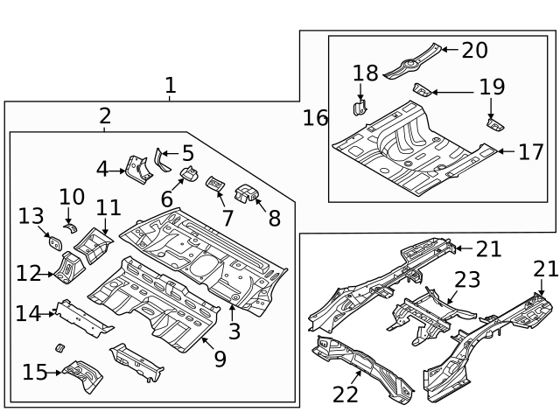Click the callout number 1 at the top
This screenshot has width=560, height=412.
pos(170,86)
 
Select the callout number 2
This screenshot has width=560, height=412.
pos(105,115)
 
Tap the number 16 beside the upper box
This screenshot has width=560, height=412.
pos(315,117)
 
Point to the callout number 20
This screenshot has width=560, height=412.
pos(474,50)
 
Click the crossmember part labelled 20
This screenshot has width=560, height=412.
pos(411,61)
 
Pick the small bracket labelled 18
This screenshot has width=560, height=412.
pos(359,107)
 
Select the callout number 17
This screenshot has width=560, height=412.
pos(530,152)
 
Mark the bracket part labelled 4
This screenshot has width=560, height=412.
pos(137,168)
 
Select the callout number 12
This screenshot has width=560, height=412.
pos(28,274)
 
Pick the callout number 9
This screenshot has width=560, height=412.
pos(219,357)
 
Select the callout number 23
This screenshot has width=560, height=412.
pos(467,280)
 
